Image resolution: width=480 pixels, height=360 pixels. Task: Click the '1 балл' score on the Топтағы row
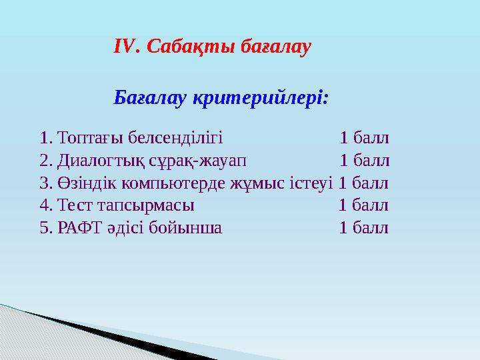coord(364,139)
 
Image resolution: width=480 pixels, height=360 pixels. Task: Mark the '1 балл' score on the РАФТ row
coord(364,227)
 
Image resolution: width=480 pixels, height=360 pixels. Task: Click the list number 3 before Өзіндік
coord(44,183)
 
